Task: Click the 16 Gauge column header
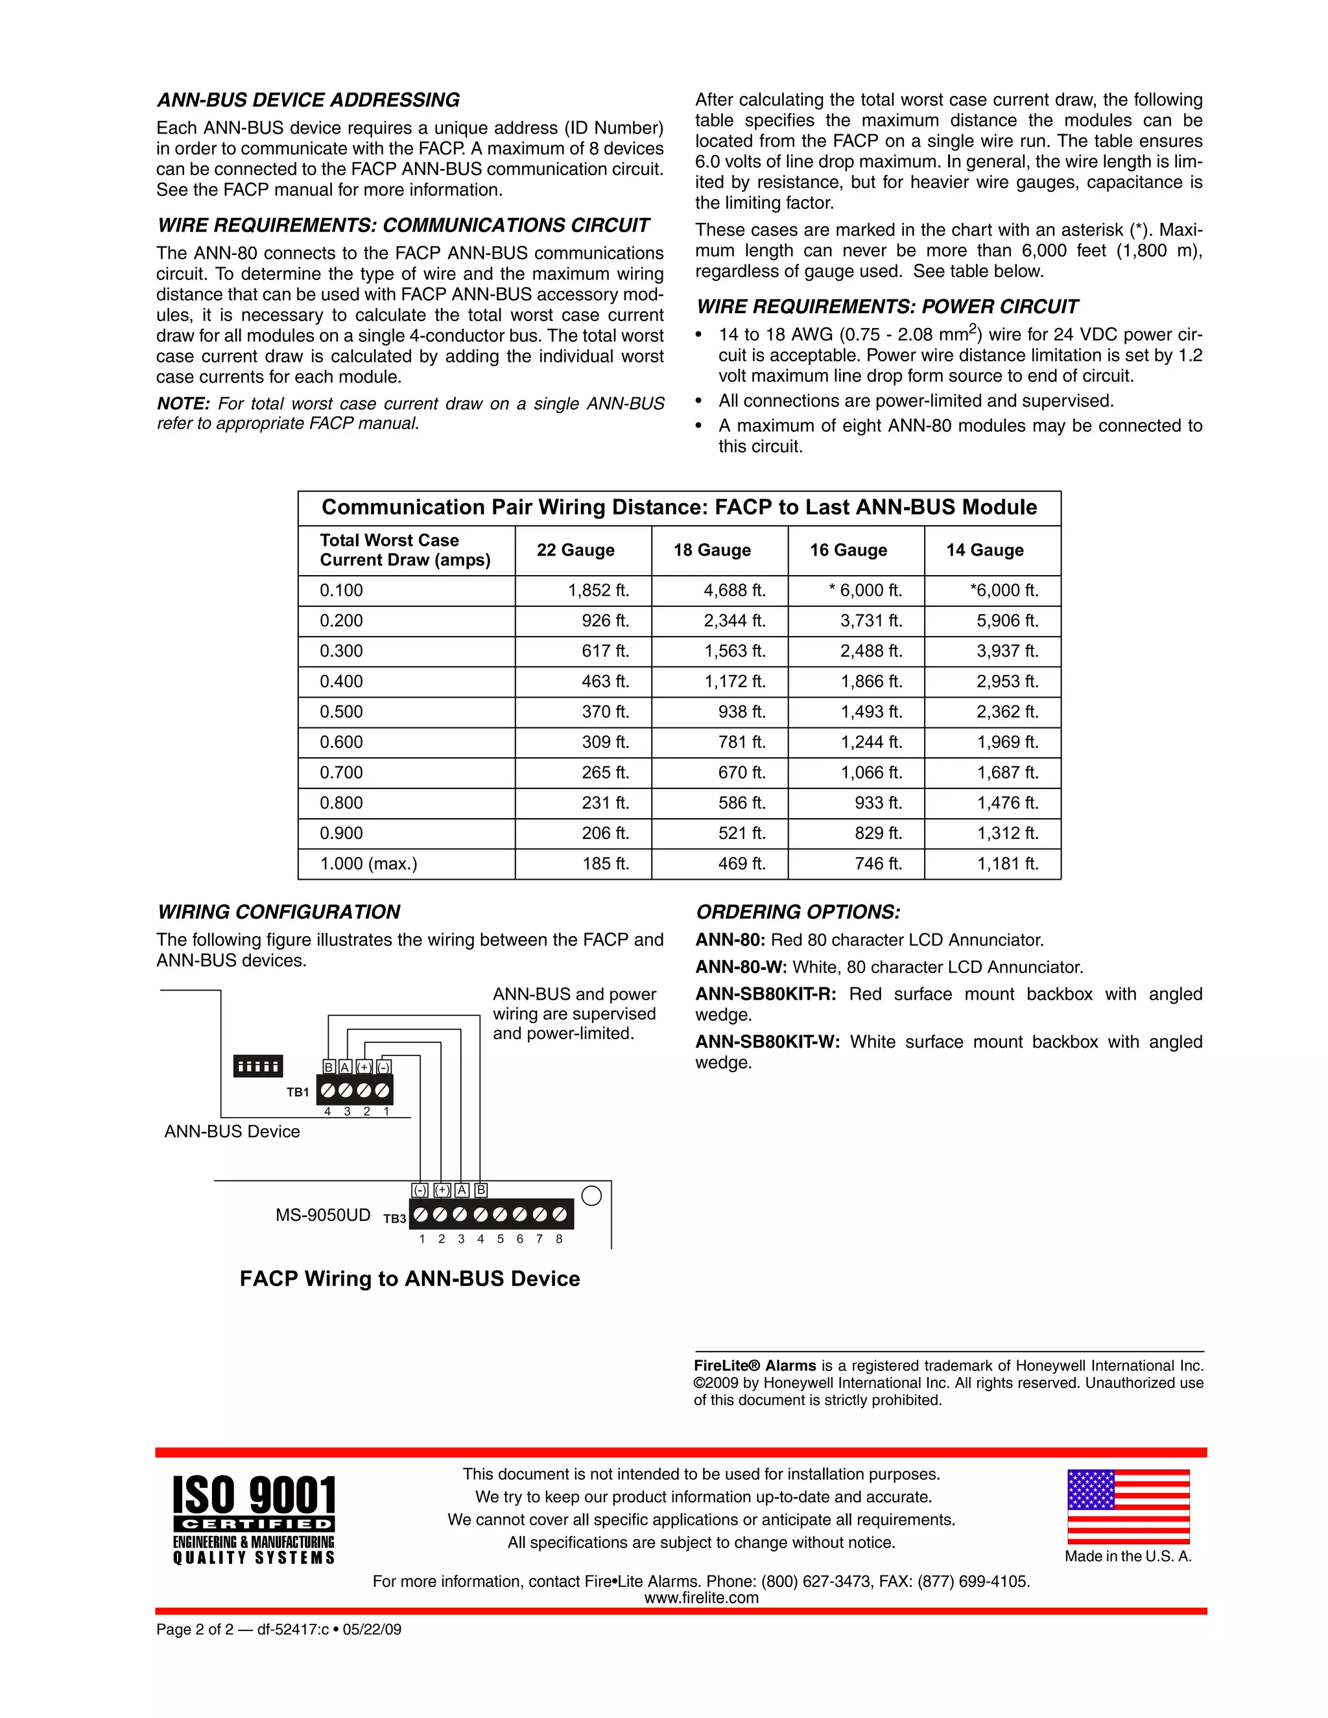(x=848, y=550)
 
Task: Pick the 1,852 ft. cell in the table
(x=599, y=590)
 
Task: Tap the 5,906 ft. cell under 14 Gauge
(x=1007, y=620)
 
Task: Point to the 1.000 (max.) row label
(x=368, y=864)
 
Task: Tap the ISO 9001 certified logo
(x=254, y=1519)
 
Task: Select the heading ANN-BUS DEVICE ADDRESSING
(x=309, y=100)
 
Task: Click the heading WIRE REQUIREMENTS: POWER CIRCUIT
(x=886, y=307)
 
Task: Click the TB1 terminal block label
(x=298, y=1092)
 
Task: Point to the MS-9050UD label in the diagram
(x=322, y=1216)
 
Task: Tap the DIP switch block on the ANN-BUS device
(x=258, y=1066)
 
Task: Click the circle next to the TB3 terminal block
(x=591, y=1195)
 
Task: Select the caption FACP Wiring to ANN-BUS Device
(x=410, y=1279)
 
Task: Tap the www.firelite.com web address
(x=701, y=1597)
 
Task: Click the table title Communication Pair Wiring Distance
(x=679, y=508)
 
